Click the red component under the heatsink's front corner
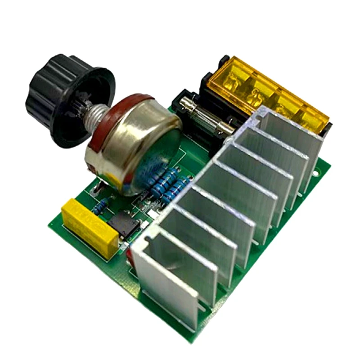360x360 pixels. click(x=130, y=255)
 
